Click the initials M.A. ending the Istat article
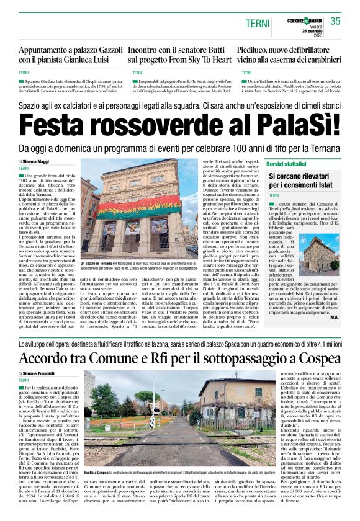pyautogui.click(x=334, y=318)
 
